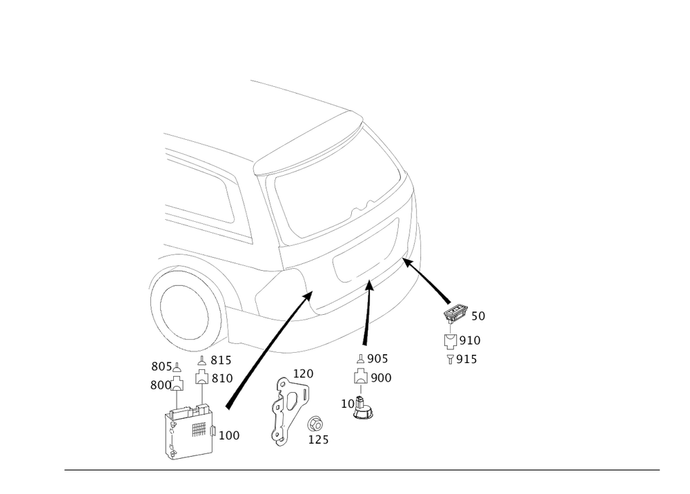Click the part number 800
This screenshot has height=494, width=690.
tap(159, 387)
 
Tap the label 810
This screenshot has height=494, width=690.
tap(222, 378)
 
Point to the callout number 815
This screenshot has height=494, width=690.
tap(220, 359)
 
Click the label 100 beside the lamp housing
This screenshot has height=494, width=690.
tap(229, 435)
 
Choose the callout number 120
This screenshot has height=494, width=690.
tap(304, 373)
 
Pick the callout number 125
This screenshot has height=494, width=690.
tap(318, 439)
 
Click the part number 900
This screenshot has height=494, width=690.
tap(381, 378)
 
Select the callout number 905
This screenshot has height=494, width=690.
tap(379, 358)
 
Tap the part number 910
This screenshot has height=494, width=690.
tap(470, 340)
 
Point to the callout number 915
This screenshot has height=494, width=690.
tap(468, 359)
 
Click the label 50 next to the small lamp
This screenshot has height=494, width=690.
tap(477, 317)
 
